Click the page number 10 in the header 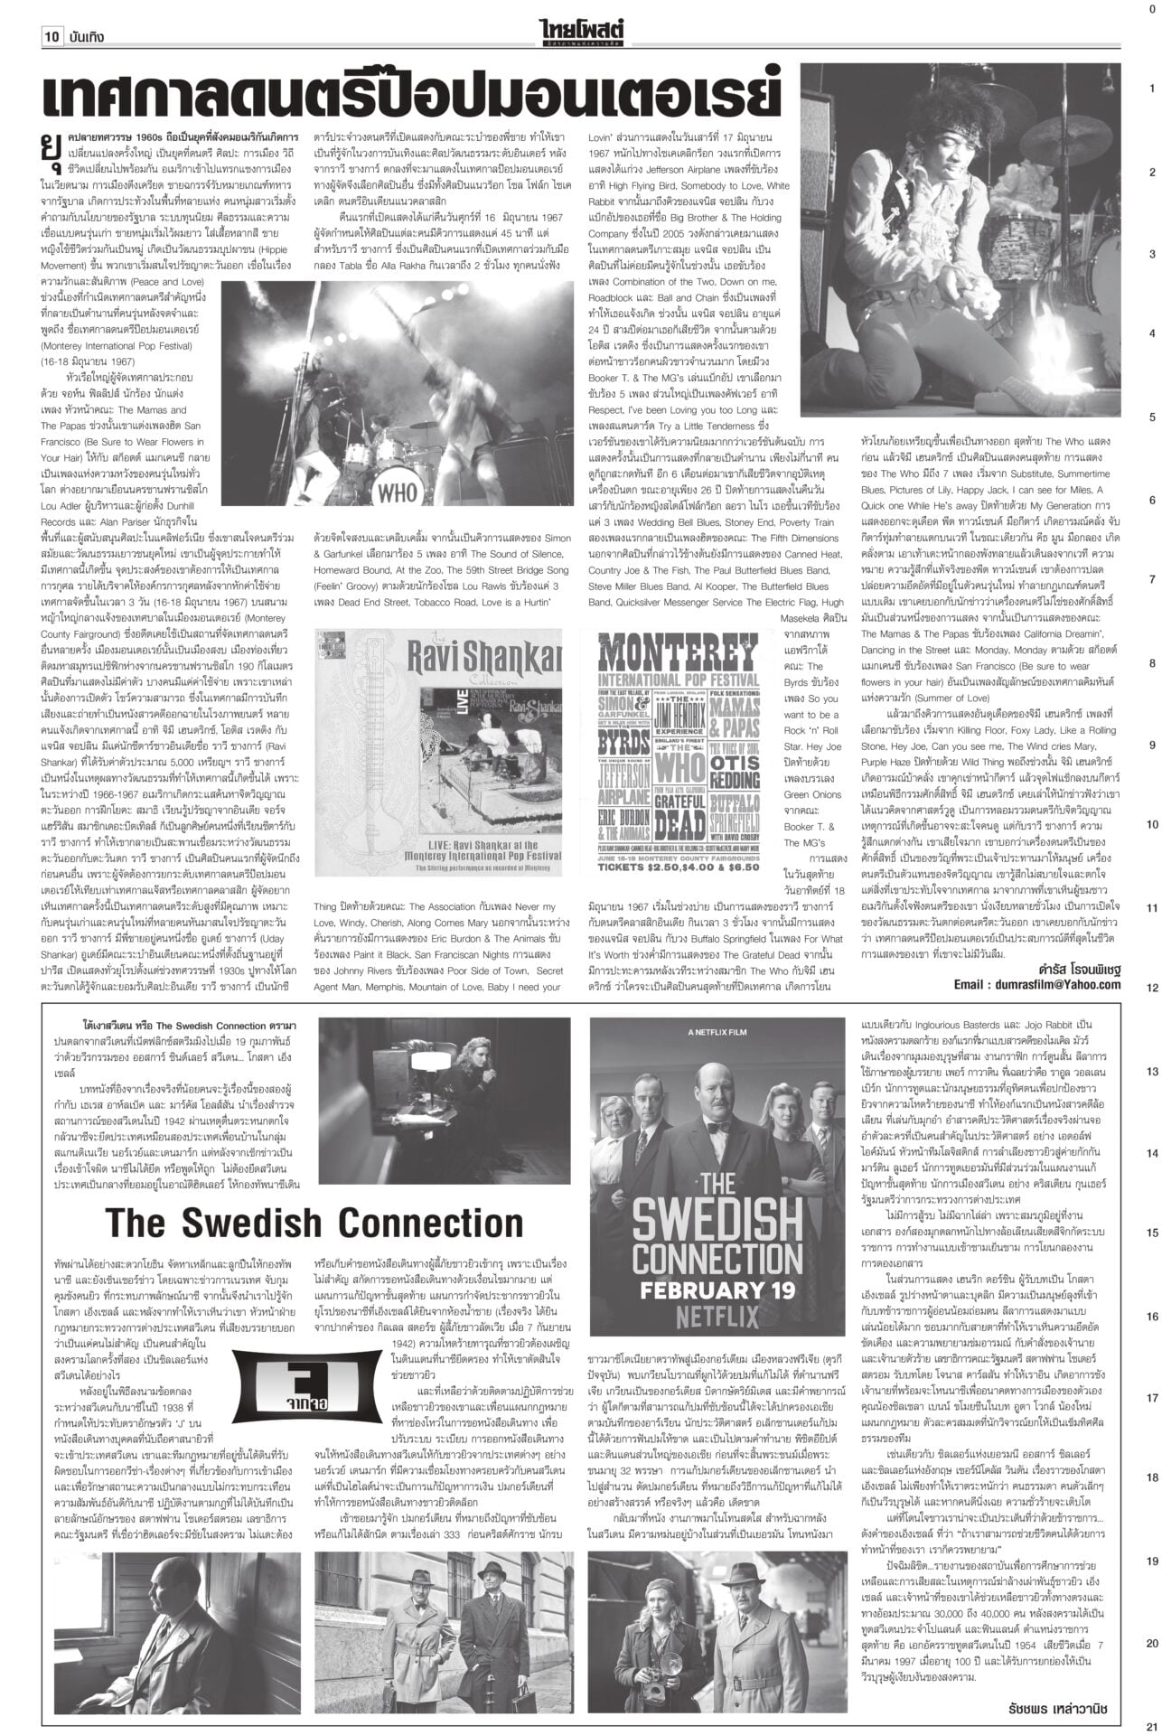(51, 37)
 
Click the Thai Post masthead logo (581, 33)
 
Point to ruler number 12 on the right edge (1151, 988)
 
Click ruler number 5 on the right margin (1151, 417)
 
